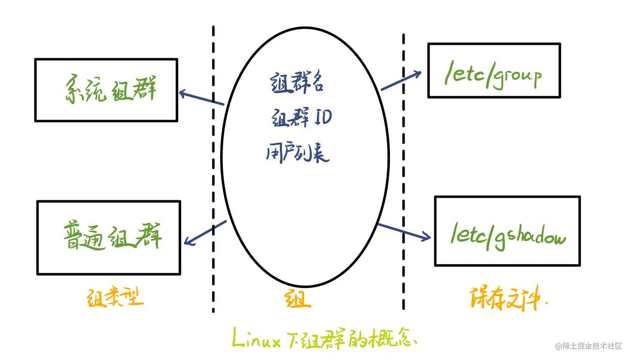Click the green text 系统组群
tap(111, 89)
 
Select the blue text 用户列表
tap(298, 153)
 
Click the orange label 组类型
tap(115, 298)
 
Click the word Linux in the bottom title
tap(256, 339)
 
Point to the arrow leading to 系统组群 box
tap(201, 98)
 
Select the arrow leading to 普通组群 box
tap(205, 233)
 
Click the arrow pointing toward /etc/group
tap(400, 81)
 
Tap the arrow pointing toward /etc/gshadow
tap(403, 231)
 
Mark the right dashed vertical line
tap(403, 167)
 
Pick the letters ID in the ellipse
tap(323, 117)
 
